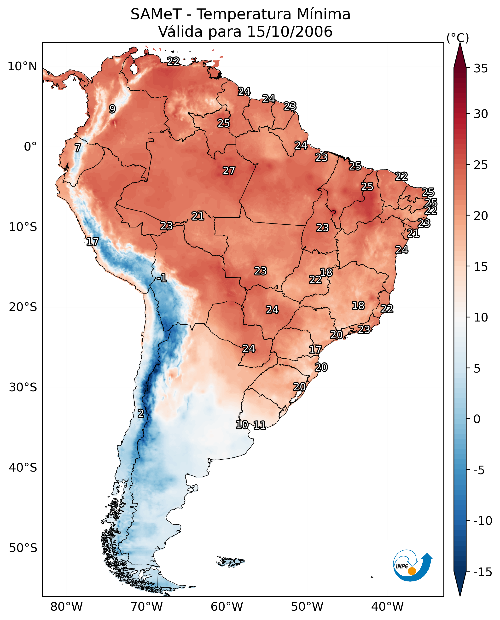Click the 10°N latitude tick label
pos(22,67)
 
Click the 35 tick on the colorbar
pos(481,69)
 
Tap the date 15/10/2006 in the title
pos(290,31)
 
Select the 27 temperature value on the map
pos(229,170)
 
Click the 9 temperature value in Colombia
pos(112,109)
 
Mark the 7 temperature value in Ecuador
pos(78,148)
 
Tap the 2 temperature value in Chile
pos(140,413)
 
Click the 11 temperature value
pos(260,425)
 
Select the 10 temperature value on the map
pos(242,425)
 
